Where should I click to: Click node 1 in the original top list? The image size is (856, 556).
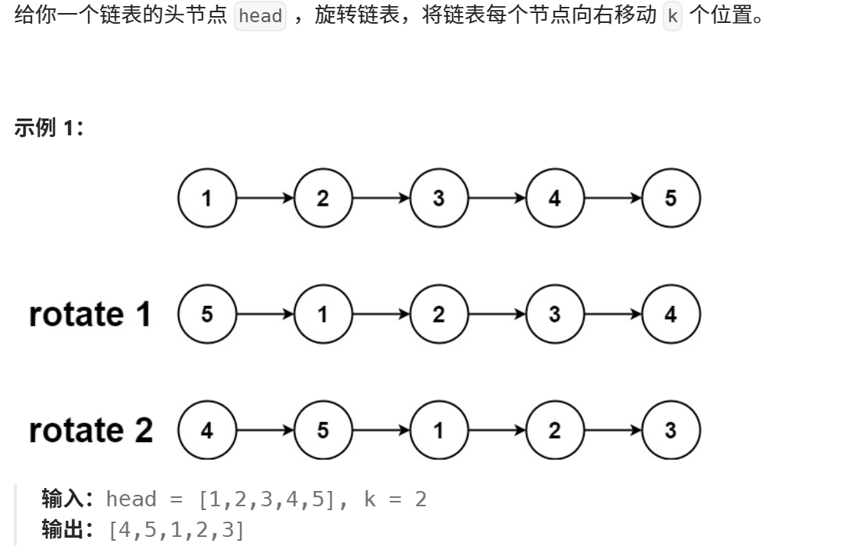(206, 199)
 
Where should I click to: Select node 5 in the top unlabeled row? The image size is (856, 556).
(670, 199)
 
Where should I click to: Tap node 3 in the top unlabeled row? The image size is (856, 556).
(438, 199)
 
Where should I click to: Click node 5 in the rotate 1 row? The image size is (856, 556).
(206, 314)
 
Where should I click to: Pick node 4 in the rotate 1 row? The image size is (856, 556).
(670, 314)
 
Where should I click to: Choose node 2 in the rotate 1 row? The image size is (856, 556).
(438, 314)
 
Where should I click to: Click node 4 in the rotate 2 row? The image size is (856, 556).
(206, 431)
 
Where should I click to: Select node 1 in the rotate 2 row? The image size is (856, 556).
(438, 431)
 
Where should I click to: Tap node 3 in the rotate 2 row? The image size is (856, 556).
(670, 431)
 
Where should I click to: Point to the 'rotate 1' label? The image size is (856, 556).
(90, 314)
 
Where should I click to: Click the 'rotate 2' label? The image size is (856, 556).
(90, 431)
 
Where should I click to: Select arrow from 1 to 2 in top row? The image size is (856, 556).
(264, 199)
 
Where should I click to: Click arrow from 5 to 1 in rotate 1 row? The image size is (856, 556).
(264, 314)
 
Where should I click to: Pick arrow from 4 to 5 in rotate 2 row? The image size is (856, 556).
(264, 431)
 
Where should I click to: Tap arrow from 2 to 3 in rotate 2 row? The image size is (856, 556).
(612, 431)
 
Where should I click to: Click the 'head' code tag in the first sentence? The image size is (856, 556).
(261, 16)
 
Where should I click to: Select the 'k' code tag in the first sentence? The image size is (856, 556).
(672, 16)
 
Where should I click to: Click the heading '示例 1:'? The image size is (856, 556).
(49, 128)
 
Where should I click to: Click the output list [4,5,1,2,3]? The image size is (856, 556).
(177, 529)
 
